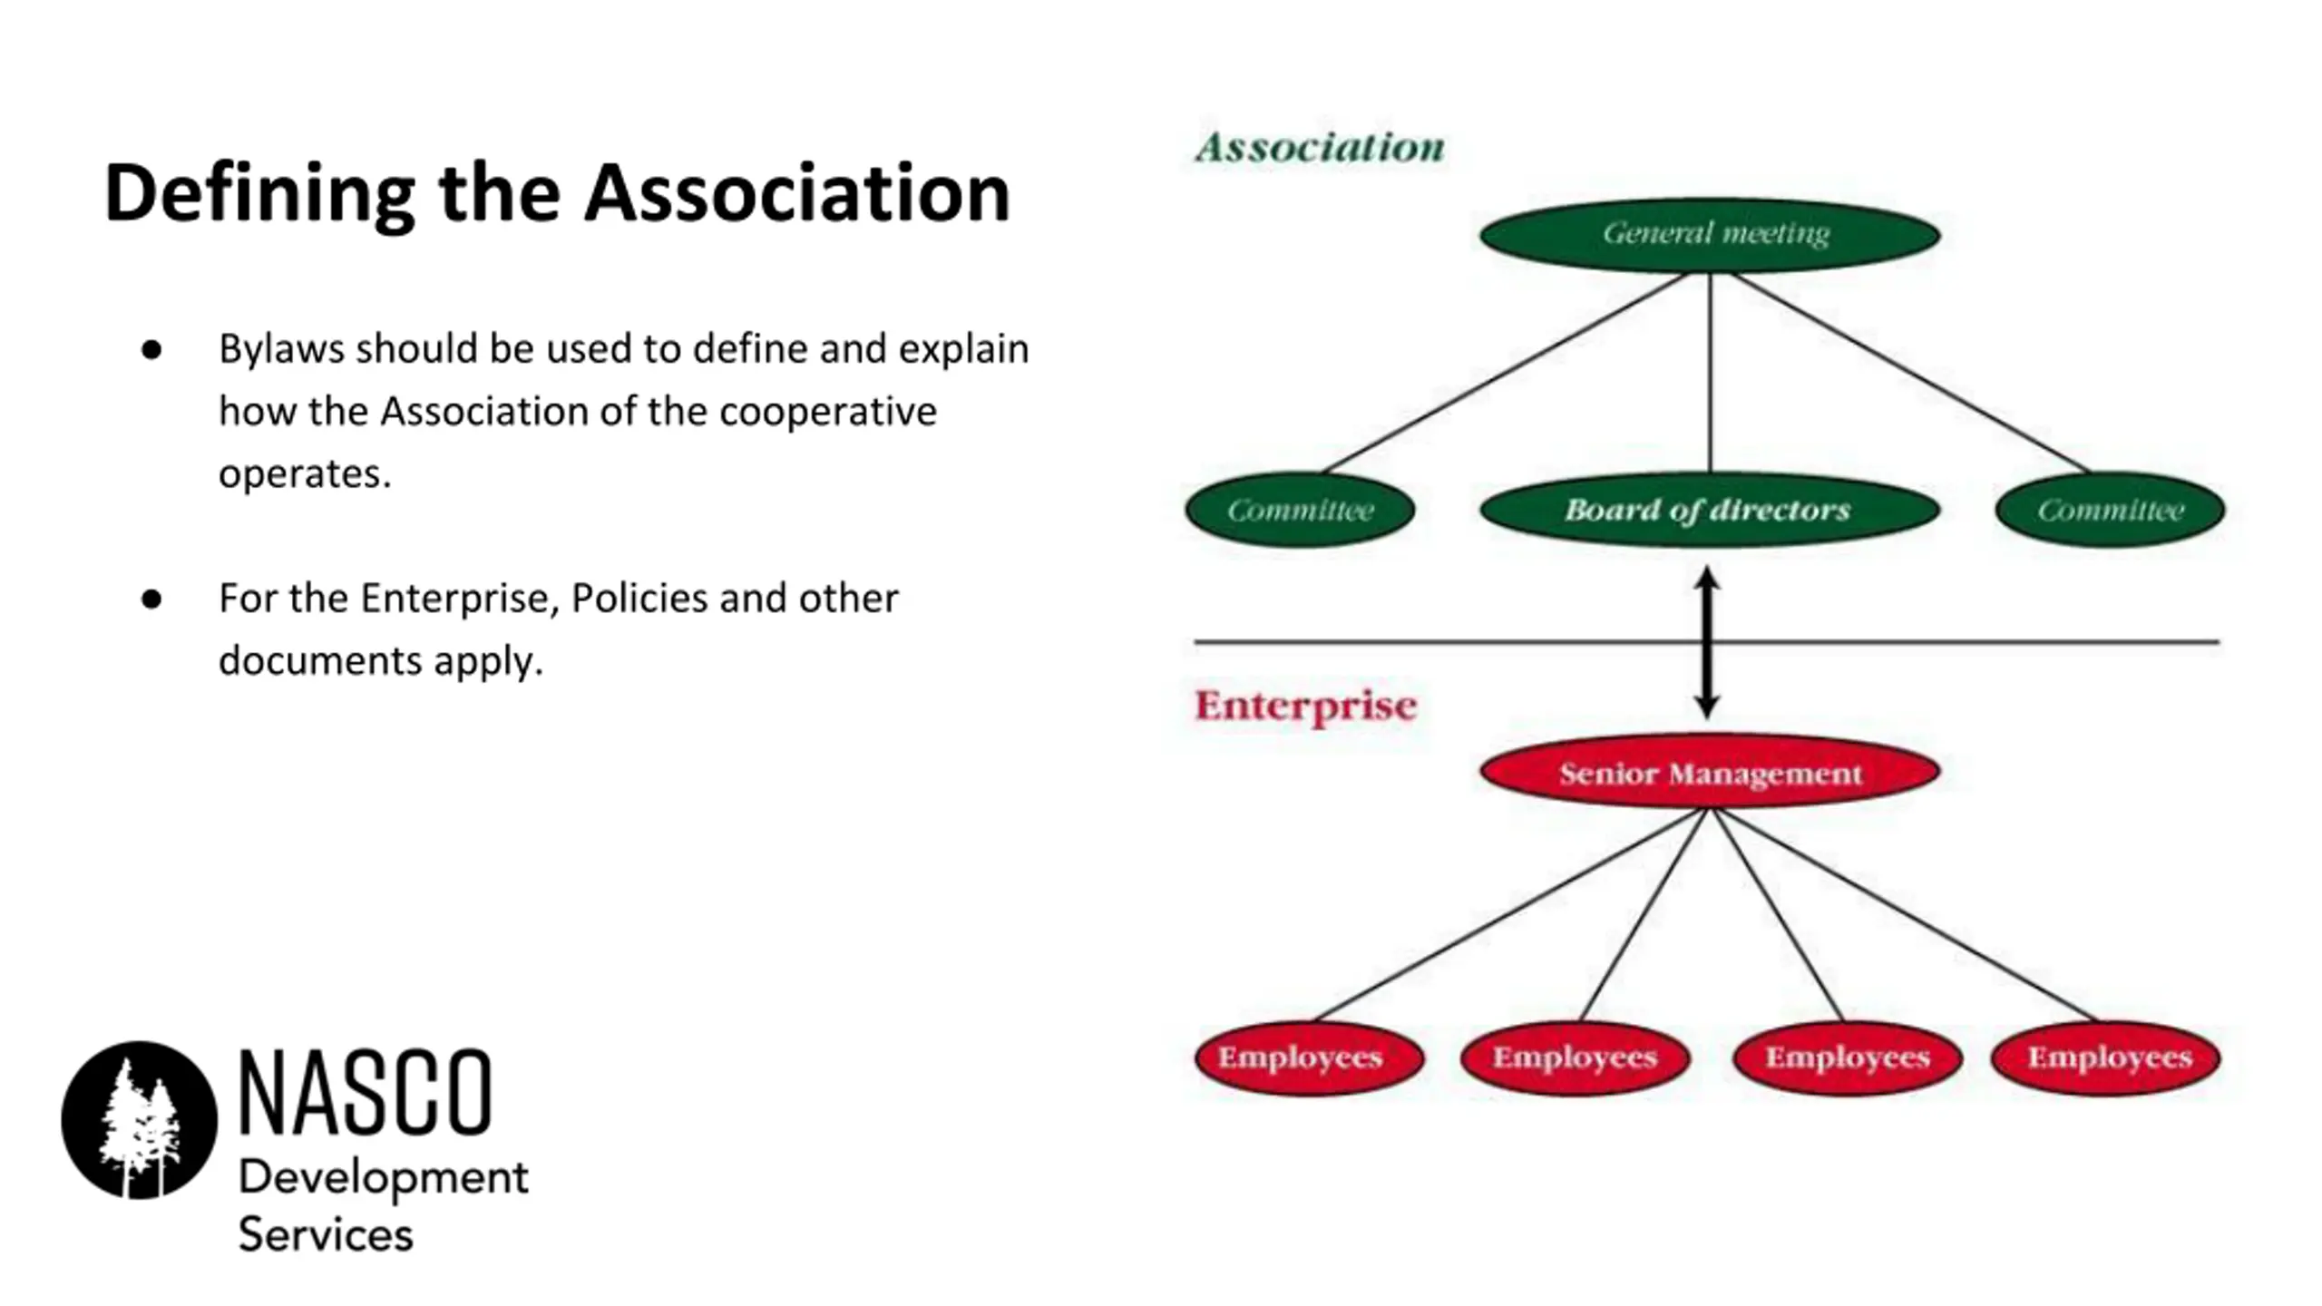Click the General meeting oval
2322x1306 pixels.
pos(1710,235)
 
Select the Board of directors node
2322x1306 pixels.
pos(1710,510)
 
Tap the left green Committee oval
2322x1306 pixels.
pos(1300,510)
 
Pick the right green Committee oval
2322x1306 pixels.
pos(2110,510)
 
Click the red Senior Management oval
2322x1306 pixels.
pos(1710,773)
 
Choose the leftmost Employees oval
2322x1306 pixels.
pos(1308,1057)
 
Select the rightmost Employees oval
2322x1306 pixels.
pos(2106,1057)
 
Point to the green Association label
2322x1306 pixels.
pos(1320,148)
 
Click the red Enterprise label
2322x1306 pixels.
pos(1305,706)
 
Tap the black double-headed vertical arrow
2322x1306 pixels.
pos(1707,642)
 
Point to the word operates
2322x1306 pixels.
pos(304,473)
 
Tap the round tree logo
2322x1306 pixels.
pos(140,1120)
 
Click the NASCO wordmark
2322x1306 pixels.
pos(365,1092)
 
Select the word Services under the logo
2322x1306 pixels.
pos(325,1235)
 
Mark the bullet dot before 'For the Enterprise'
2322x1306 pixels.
pos(151,599)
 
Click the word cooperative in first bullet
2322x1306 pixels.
pos(827,412)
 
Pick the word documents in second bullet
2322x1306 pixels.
pos(319,660)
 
